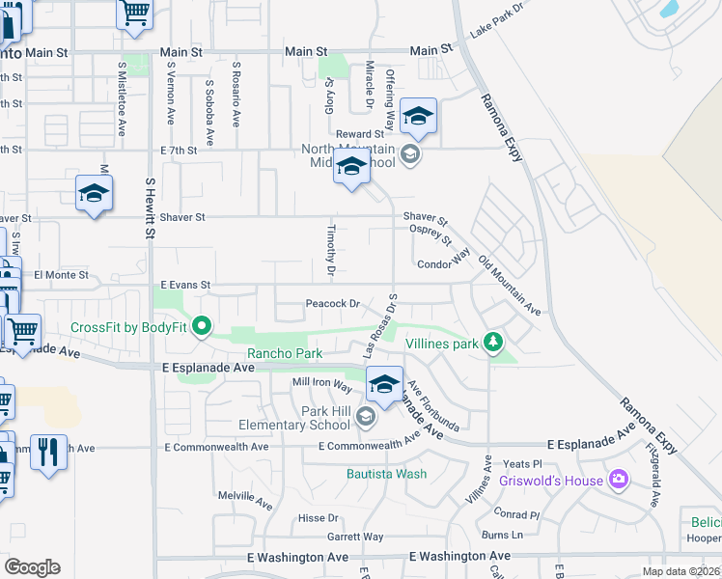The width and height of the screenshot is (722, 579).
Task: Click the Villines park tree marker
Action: pos(493,343)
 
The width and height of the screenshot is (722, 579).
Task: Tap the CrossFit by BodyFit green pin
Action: pos(202,327)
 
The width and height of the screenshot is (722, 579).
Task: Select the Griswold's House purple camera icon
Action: pos(619,480)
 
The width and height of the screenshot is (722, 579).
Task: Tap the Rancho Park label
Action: pos(285,353)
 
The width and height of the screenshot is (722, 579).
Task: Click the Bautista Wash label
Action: pos(385,474)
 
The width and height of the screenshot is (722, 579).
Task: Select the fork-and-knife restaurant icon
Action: pos(47,451)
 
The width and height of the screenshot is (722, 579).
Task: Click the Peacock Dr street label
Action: pos(332,303)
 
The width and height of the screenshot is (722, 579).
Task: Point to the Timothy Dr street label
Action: pos(330,251)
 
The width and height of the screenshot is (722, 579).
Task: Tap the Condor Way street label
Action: pos(443,263)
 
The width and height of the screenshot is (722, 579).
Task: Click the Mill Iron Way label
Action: pos(322,384)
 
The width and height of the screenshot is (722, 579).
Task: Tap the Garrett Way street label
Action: pos(354,538)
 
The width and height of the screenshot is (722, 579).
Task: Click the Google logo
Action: pos(32,567)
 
